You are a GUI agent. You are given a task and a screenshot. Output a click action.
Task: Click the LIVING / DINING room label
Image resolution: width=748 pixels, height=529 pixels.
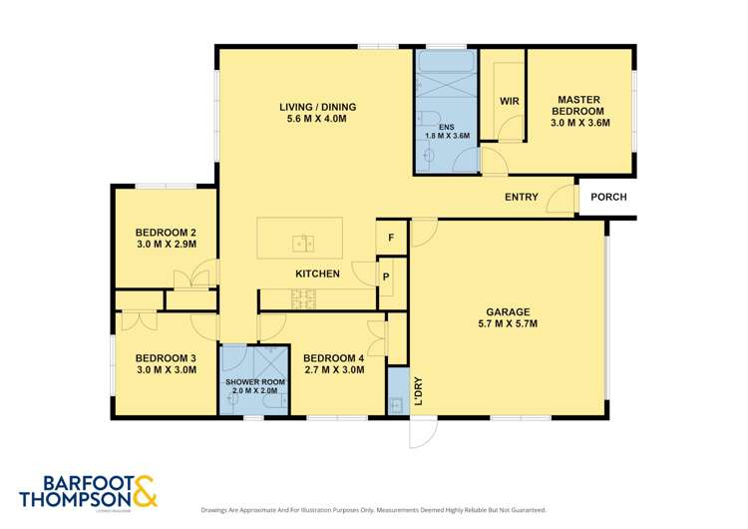[x=315, y=113]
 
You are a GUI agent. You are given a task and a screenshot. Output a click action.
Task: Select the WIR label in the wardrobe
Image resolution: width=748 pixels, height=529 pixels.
[x=508, y=101]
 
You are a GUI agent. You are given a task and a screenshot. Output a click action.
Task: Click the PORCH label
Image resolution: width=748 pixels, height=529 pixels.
[x=608, y=197]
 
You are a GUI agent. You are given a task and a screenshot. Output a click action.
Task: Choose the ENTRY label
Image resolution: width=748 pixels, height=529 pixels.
[x=522, y=197]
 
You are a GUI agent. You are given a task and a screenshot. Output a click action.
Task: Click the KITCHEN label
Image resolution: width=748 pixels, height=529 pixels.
[x=317, y=273]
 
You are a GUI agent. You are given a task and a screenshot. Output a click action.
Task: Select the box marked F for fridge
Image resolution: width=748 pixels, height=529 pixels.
[x=391, y=238]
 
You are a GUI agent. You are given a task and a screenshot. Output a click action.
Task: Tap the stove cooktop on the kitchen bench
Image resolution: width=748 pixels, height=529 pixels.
[x=302, y=295]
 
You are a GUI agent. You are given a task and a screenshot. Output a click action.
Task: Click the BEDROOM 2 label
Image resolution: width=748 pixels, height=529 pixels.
[x=165, y=237]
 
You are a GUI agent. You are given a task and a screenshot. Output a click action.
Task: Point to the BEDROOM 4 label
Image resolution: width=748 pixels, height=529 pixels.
[x=333, y=363]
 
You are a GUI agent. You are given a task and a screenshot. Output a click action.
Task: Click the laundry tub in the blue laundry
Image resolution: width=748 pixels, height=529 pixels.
[x=397, y=404]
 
